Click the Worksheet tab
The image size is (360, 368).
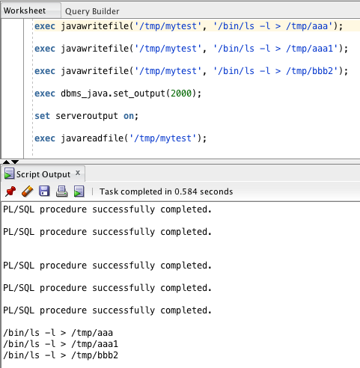pyautogui.click(x=25, y=10)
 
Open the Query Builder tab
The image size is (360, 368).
pyautogui.click(x=92, y=11)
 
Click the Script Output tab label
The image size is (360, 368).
pyautogui.click(x=43, y=174)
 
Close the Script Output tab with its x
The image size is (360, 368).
pyautogui.click(x=78, y=173)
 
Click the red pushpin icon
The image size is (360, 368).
pyautogui.click(x=10, y=191)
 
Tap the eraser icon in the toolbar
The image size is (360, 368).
pyautogui.click(x=28, y=191)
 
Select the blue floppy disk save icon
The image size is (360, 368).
pyautogui.click(x=44, y=191)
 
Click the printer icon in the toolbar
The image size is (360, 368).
pyautogui.click(x=61, y=191)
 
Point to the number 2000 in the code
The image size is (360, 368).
pyautogui.click(x=181, y=93)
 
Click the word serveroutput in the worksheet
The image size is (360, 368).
pyautogui.click(x=87, y=116)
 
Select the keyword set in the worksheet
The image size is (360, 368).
pyautogui.click(x=42, y=116)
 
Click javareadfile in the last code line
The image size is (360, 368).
pyautogui.click(x=92, y=138)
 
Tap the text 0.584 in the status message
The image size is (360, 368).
pyautogui.click(x=186, y=191)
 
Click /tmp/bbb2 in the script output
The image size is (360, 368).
pyautogui.click(x=94, y=355)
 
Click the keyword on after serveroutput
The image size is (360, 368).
pyautogui.click(x=129, y=116)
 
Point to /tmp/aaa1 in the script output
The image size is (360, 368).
pyautogui.click(x=94, y=344)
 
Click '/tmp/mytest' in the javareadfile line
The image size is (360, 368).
pyautogui.click(x=163, y=138)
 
